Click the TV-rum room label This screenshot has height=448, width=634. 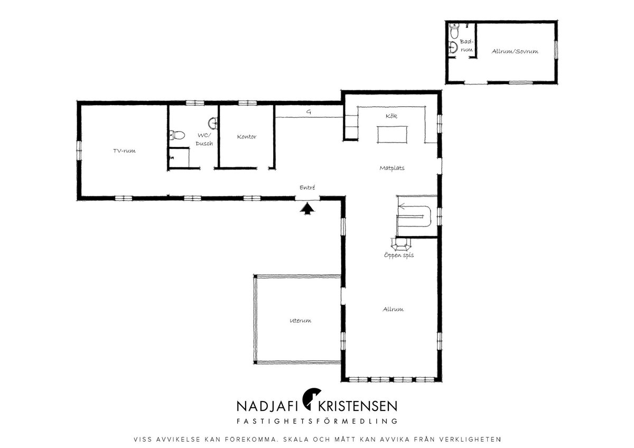[124, 151]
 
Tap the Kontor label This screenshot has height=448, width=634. [247, 137]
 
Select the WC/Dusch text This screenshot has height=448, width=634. [204, 139]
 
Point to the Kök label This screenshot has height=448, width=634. [391, 116]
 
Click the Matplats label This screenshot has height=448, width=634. [392, 168]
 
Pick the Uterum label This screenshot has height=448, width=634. [300, 320]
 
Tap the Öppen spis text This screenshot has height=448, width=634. [399, 255]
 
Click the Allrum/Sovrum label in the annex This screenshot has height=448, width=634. [515, 51]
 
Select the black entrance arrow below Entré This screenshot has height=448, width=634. [307, 209]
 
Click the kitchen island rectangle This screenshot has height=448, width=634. [392, 135]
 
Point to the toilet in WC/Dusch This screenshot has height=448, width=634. [177, 135]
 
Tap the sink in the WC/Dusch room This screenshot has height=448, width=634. [213, 123]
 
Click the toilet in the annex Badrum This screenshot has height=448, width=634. [454, 31]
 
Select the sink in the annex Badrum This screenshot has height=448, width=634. [453, 47]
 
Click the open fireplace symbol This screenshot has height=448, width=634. [400, 244]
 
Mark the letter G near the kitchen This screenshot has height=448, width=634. [309, 112]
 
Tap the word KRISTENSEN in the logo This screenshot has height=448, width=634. [358, 406]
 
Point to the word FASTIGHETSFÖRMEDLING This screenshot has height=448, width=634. [317, 421]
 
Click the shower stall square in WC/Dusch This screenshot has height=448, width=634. [179, 158]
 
